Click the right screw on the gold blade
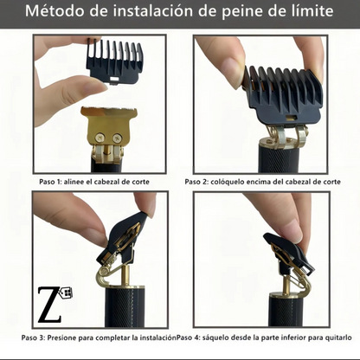tap(118, 138)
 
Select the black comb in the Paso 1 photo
tap(115, 61)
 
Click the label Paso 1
tap(50, 182)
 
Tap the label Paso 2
tap(196, 182)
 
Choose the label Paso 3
tap(33, 337)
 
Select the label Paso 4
tap(188, 337)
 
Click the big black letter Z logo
tap(49, 305)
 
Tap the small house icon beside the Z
tap(66, 292)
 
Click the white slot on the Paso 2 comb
tap(291, 118)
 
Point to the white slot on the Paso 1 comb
tap(114, 79)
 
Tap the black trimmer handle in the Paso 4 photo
tap(286, 310)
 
